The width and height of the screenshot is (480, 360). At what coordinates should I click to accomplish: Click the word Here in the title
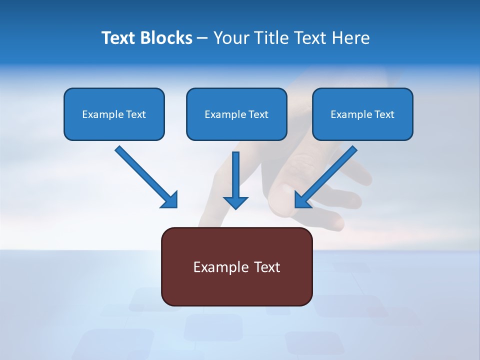tap(350, 38)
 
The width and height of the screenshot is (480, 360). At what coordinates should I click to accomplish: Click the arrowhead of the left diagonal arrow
tap(170, 200)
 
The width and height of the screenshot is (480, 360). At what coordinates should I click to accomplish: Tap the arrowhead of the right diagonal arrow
tap(302, 200)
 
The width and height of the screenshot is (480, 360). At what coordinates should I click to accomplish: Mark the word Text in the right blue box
tap(384, 114)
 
